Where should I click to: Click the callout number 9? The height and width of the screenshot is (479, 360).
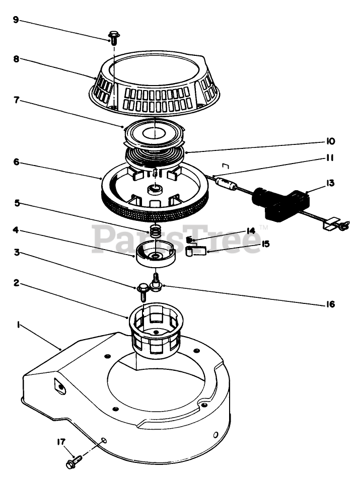[16, 21]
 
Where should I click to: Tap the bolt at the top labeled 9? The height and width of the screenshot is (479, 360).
[114, 37]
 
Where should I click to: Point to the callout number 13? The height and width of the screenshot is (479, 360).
[330, 183]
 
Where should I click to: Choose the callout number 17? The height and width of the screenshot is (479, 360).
[61, 442]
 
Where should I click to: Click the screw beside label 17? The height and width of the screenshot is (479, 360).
[74, 460]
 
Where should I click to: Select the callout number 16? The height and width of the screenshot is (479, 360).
[330, 304]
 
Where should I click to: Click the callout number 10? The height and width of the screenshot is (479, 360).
[330, 141]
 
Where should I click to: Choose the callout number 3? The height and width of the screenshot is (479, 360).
[16, 253]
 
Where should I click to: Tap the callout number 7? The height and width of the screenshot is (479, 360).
[16, 100]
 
